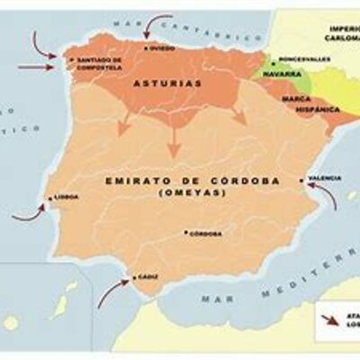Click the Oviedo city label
pos(163,48)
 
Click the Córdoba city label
pos(207,233)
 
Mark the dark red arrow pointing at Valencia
pos(332,199)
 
